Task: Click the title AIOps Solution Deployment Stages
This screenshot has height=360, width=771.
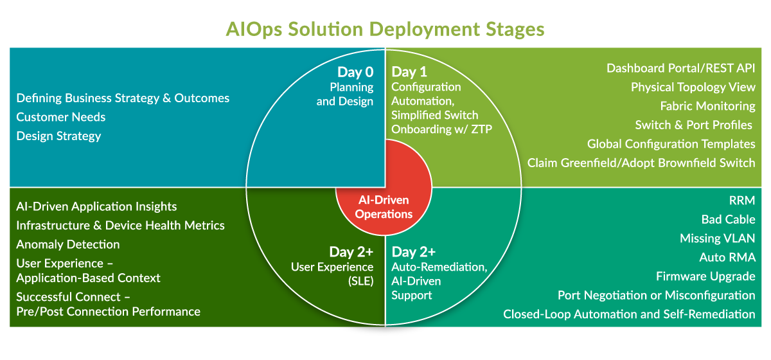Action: [x=385, y=29]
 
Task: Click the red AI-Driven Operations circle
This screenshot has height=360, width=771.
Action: [x=384, y=207]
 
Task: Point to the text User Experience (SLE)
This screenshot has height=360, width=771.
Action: [x=332, y=273]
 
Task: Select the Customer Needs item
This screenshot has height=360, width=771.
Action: [x=61, y=117]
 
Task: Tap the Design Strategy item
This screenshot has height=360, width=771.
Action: [x=58, y=136]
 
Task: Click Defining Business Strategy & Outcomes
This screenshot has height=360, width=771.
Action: [x=123, y=98]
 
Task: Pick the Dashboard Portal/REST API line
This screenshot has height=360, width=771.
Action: [x=680, y=68]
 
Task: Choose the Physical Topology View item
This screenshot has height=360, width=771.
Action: [x=693, y=87]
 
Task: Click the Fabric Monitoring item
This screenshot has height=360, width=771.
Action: [x=707, y=106]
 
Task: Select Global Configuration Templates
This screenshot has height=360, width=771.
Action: [x=671, y=144]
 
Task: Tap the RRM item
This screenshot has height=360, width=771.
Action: [x=741, y=201]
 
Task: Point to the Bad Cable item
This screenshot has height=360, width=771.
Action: [x=728, y=219]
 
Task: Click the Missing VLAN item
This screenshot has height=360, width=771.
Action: [x=717, y=239]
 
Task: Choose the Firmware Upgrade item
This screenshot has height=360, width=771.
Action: [x=705, y=276]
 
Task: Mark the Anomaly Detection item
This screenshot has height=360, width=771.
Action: [x=68, y=244]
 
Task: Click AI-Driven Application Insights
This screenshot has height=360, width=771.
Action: [x=96, y=206]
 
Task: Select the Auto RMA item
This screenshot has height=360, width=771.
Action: [x=727, y=258]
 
